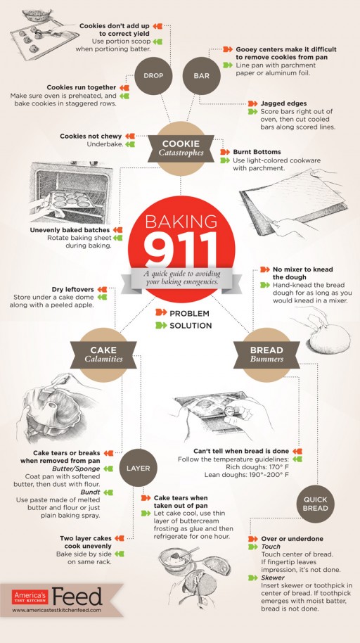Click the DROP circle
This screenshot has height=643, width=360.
(153, 76)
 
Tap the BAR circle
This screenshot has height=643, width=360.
(202, 76)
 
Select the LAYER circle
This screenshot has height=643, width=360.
(139, 469)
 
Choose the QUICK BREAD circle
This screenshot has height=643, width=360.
(316, 504)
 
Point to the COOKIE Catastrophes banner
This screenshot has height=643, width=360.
(181, 148)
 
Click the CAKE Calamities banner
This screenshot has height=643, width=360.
(103, 355)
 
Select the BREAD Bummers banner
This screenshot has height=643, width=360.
(266, 355)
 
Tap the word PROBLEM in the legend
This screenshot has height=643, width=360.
(189, 313)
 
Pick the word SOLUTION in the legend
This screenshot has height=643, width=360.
(191, 326)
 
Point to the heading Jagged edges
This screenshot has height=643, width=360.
(283, 103)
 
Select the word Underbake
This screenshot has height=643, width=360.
(105, 144)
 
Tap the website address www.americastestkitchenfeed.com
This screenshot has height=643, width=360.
(56, 610)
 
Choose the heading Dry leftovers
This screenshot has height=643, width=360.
(73, 290)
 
